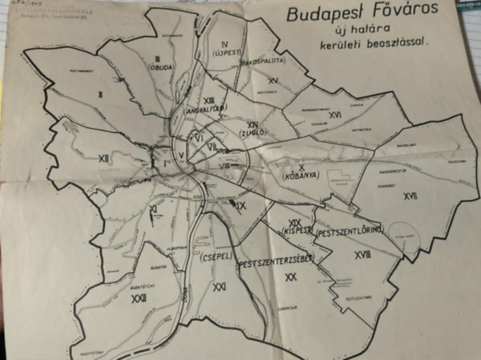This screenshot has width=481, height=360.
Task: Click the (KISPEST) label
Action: (295, 231)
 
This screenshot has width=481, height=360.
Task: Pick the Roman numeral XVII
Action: (410, 195)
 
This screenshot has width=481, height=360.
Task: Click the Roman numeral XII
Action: (103, 159)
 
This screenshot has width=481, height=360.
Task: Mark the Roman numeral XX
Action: (290, 276)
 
